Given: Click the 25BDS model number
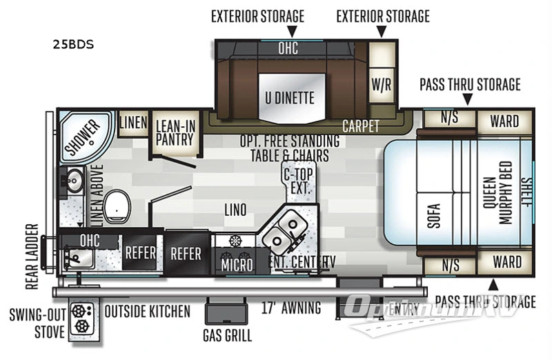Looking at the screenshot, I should tap(72, 46).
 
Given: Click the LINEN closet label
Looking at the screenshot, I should tap(133, 123).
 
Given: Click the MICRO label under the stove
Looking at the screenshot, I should tap(237, 263).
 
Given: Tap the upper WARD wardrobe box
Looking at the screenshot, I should tap(504, 121).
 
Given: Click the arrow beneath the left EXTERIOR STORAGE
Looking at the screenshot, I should tap(292, 31).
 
